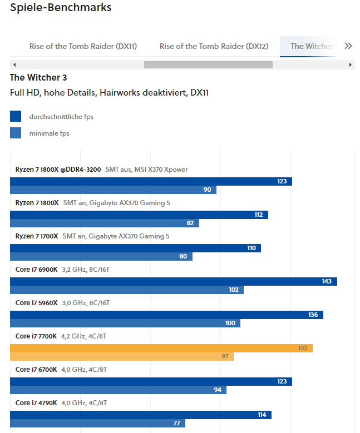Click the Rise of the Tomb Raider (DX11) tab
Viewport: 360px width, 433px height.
click(x=83, y=46)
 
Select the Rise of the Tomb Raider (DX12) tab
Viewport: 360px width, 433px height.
click(x=214, y=46)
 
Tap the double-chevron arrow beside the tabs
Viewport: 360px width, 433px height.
click(x=348, y=46)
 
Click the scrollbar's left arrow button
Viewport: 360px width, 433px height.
click(x=14, y=64)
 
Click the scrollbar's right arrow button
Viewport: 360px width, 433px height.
click(x=351, y=64)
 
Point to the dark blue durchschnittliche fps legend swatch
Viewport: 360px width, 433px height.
click(x=16, y=116)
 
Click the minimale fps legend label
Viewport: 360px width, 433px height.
click(x=49, y=133)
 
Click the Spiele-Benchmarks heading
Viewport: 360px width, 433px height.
click(x=61, y=8)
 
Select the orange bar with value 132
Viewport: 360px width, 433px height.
click(x=161, y=348)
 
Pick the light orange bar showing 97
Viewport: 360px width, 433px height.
click(x=122, y=356)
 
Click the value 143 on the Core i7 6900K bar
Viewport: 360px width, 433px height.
click(x=327, y=281)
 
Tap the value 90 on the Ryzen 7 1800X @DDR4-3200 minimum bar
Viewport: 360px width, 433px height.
click(x=207, y=190)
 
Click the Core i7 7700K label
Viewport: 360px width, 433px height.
click(x=36, y=336)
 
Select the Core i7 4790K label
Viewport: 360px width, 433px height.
click(x=36, y=403)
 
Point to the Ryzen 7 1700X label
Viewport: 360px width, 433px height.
click(x=37, y=236)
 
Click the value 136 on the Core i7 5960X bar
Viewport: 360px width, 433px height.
click(x=313, y=315)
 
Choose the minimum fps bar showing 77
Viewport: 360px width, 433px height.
click(x=97, y=423)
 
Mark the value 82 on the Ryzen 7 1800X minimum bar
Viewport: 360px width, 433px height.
click(x=190, y=223)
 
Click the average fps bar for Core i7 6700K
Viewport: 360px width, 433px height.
click(x=150, y=381)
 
